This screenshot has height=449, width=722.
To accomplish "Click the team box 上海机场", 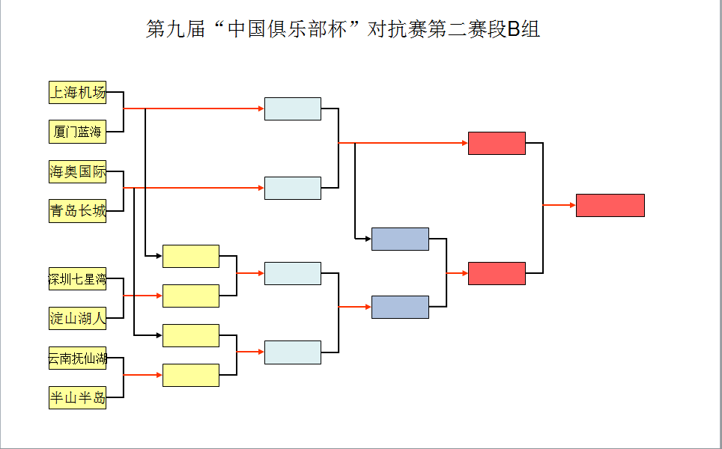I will [x=77, y=93].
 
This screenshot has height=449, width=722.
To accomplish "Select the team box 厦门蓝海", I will [x=77, y=132].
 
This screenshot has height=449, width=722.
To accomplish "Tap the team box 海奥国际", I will [x=77, y=172].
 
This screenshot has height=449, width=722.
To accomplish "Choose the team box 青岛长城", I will [x=77, y=211].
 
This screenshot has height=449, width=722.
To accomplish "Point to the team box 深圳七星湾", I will [x=77, y=279].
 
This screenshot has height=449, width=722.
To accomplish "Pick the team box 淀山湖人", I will [x=77, y=318].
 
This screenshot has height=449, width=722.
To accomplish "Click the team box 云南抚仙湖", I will [x=77, y=358].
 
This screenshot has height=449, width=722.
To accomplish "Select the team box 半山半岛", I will [x=77, y=397].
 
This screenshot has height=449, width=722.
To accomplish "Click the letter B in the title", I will [x=513, y=30].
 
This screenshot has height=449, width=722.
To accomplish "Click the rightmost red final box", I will [x=610, y=205].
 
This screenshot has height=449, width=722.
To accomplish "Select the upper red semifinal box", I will [x=497, y=143].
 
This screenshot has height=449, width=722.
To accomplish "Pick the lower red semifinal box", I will [x=497, y=273].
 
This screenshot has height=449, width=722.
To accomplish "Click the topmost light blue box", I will [x=292, y=109].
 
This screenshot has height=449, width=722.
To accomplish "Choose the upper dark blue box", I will [x=400, y=239].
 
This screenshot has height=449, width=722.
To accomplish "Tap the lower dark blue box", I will [x=400, y=307].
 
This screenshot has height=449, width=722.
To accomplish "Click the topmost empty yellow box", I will [x=191, y=256].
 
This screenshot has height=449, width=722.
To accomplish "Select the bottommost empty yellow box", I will [x=191, y=375].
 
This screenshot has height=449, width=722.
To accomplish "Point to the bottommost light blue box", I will [x=292, y=352].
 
